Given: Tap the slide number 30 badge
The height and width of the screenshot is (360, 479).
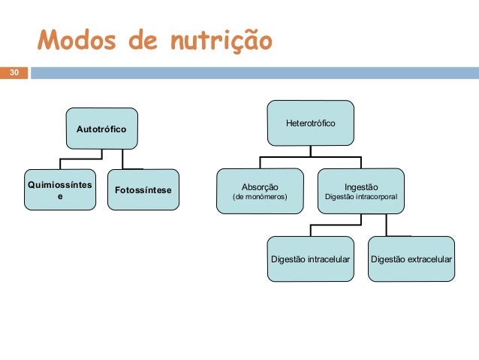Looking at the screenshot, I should pos(13,73).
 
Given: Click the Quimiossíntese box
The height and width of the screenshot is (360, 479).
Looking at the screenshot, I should pos(60,189).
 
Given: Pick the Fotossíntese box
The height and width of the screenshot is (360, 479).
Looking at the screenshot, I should pos(143,190).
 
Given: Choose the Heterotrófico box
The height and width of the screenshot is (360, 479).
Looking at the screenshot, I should pos(310,123).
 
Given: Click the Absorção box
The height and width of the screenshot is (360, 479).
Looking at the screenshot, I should pos(260,191).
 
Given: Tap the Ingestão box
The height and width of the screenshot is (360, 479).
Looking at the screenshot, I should pos(361,191).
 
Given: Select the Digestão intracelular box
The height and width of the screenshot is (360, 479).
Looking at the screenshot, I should pos(310,259).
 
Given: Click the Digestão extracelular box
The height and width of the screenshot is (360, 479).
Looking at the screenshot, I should pos(411,259).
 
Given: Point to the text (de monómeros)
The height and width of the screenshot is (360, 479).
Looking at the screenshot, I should pos(260,198).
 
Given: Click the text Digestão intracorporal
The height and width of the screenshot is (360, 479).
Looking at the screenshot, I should pos(361,198).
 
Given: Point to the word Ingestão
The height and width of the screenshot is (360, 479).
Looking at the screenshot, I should pos(361,186).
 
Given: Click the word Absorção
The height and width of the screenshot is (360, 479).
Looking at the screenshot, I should pos(260,186).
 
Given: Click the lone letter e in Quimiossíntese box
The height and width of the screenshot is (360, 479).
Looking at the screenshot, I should pos(61,195).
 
